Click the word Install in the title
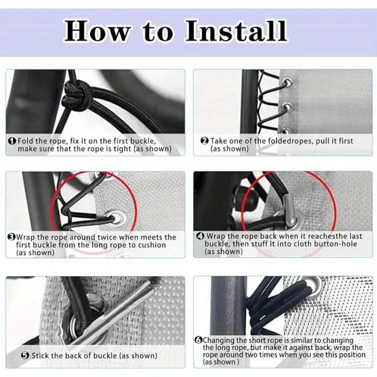point(237,31)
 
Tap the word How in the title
point(98,31)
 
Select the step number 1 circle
point(12,141)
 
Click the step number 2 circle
point(205,141)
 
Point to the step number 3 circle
point(11,238)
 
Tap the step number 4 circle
point(200,236)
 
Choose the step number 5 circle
point(25,355)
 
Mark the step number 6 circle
point(198,340)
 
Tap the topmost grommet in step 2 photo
point(287,83)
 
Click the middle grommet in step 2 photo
point(287,107)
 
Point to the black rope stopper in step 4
point(246,197)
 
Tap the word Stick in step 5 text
point(41,355)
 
